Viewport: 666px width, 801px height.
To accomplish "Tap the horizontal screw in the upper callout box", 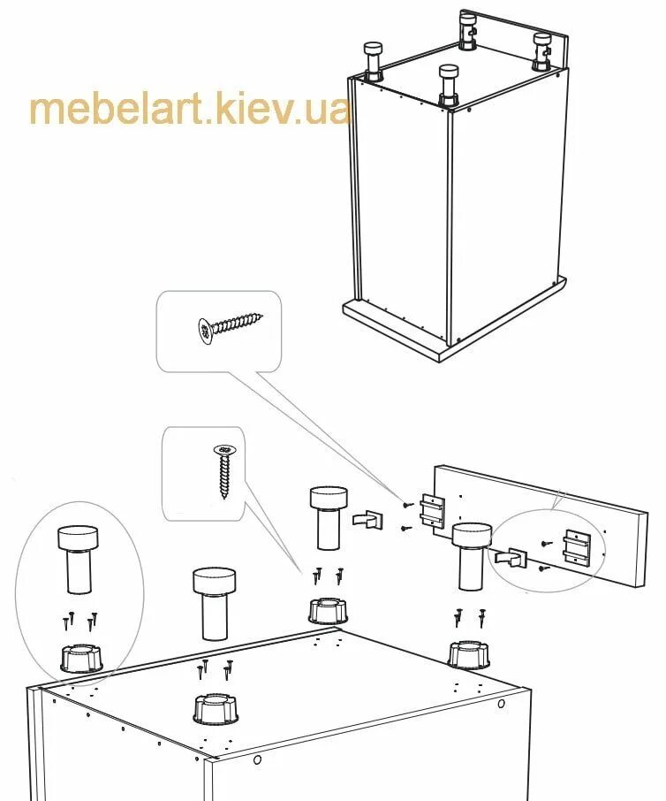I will pos(231,324).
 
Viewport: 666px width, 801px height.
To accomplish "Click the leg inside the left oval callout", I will pos(78,559).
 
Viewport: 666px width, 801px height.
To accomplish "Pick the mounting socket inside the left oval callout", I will pos(80,658).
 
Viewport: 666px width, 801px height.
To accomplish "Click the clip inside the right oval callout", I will pos(511,559).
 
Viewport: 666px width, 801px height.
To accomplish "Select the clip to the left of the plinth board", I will pos(367,518).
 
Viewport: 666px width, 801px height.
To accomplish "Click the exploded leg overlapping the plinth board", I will pos(471,554).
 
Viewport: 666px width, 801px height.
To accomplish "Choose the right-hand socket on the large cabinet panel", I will pos(467,654).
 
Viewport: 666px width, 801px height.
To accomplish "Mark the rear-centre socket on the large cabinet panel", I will pos(327,610).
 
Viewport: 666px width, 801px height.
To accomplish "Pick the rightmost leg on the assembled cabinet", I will pos(541,50).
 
